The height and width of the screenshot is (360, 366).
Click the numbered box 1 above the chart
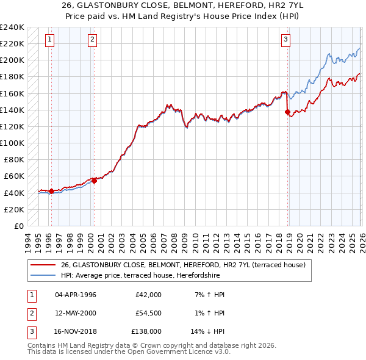(x=49, y=40)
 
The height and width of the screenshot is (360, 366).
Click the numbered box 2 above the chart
(x=92, y=40)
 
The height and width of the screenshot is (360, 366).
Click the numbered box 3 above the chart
(x=285, y=40)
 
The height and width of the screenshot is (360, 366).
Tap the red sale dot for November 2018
(x=287, y=112)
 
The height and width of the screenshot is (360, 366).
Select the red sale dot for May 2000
(x=94, y=181)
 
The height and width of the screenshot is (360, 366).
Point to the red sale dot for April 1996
(x=51, y=191)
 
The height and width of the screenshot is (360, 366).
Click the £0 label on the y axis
(x=18, y=226)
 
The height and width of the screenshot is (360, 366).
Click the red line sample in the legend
(x=43, y=265)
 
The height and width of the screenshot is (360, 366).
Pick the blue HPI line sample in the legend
(x=43, y=275)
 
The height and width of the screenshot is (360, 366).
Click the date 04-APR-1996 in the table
(x=76, y=295)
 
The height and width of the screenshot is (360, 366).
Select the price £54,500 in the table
(x=148, y=313)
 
